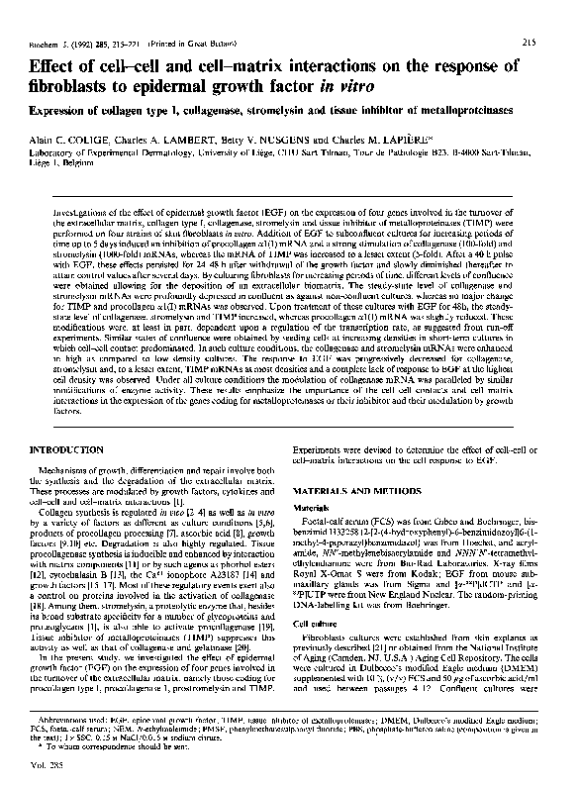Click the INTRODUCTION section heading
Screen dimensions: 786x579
66,451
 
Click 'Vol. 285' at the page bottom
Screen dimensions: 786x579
44,764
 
